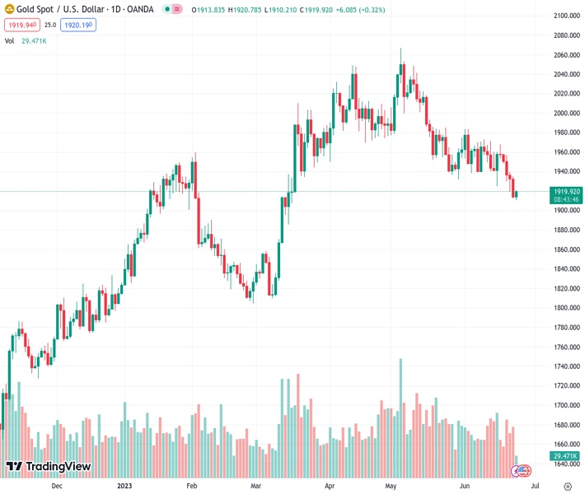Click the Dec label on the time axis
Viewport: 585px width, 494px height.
coord(57,486)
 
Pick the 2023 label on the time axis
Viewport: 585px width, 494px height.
coord(125,486)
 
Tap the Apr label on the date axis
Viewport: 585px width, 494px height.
coord(329,486)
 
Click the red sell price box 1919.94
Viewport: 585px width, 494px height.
coord(21,26)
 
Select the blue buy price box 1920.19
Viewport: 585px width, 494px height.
coord(78,26)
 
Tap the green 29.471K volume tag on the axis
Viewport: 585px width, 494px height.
coord(567,456)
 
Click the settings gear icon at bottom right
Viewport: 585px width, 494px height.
coord(568,486)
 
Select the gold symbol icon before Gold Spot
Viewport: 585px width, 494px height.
coord(9,9)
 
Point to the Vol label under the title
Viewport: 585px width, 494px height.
coord(9,40)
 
